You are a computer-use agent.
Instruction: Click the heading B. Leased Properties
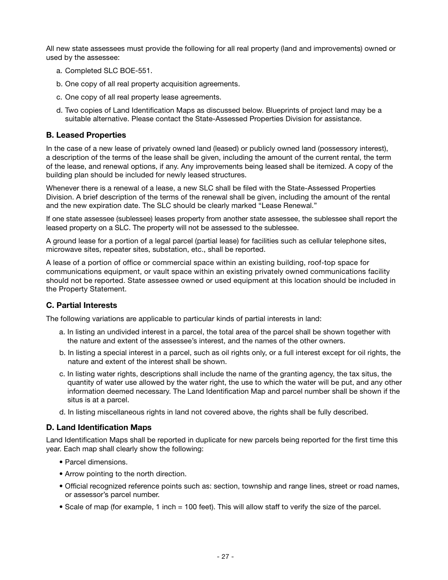[86, 135]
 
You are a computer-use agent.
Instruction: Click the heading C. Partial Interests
[81, 305]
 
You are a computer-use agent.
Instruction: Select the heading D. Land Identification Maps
[99, 427]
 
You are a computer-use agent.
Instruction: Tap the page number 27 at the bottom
[225, 556]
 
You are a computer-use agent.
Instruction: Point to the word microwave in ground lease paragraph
[63, 249]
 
